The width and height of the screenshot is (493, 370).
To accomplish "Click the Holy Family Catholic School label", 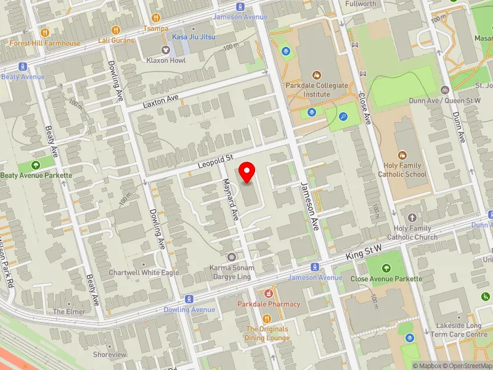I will [402, 170].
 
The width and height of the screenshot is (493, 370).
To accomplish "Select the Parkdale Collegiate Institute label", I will [317, 90].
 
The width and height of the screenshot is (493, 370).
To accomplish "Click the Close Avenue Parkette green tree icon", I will [386, 268].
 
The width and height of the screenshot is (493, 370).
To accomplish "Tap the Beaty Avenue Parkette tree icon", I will [36, 165].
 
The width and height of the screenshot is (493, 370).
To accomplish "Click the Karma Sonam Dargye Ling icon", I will [232, 257].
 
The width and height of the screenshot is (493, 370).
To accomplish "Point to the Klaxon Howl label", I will [165, 61].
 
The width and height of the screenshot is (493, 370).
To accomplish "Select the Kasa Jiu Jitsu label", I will [193, 38].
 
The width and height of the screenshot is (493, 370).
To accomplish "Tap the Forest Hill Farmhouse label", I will [44, 43].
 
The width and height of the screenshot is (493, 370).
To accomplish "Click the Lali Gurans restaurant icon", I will [116, 30].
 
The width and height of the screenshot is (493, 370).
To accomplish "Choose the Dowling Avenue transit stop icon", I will [190, 298].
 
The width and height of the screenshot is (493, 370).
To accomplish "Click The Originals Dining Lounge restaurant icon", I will [267, 319].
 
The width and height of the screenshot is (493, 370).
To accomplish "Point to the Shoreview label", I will [110, 355].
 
